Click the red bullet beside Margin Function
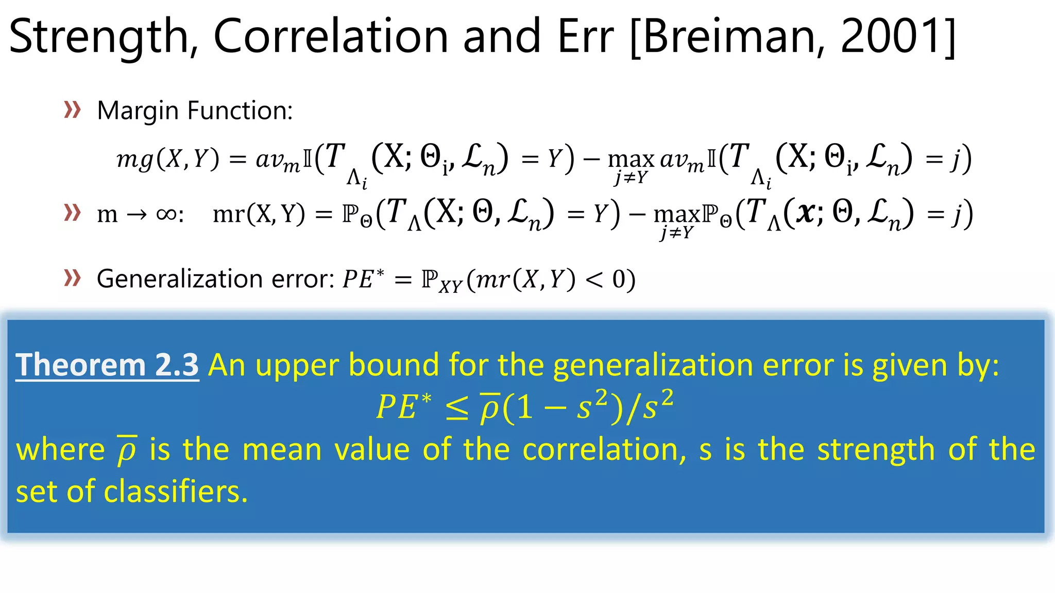click(72, 110)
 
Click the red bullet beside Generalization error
click(72, 278)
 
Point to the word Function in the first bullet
click(240, 111)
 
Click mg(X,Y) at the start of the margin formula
click(168, 159)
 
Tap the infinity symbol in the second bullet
click(166, 214)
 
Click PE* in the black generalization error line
click(363, 279)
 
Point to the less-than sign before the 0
click(593, 280)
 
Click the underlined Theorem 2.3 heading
click(107, 365)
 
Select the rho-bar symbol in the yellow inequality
click(490, 408)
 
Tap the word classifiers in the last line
click(175, 492)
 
